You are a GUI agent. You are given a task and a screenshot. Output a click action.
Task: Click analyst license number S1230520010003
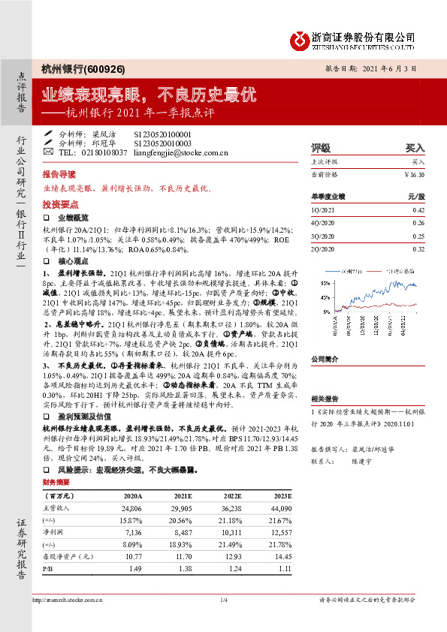163,143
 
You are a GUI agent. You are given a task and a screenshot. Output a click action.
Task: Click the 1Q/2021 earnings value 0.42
419,210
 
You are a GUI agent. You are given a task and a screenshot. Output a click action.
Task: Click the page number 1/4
223,600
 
